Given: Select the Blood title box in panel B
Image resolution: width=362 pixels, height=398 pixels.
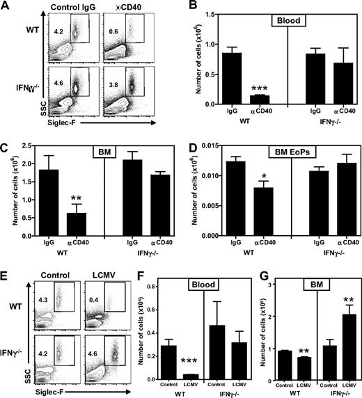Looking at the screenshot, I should [271, 21].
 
